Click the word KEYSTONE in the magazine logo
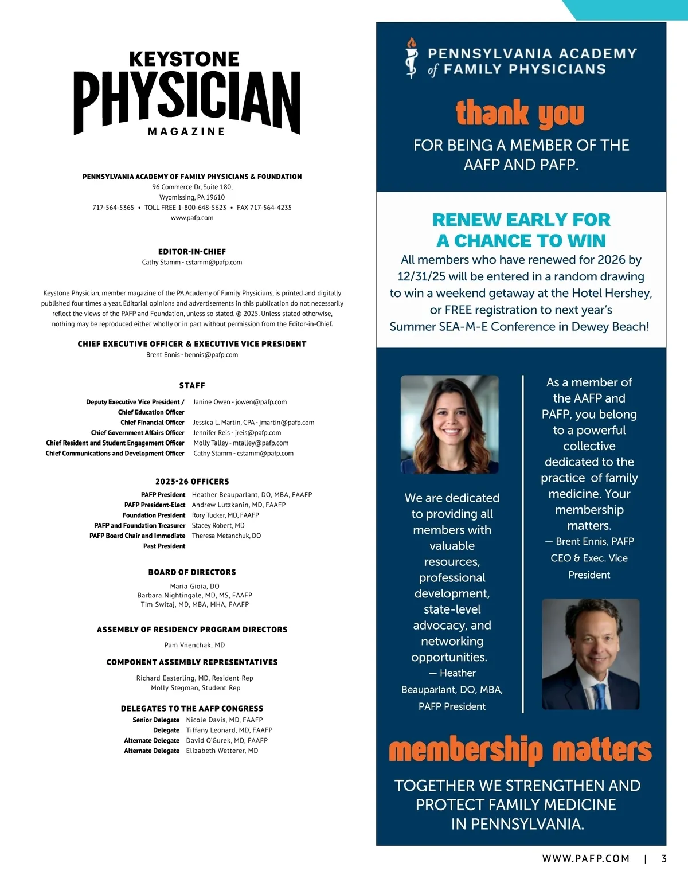coord(184,59)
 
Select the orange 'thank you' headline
coord(520,113)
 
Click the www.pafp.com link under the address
coord(192,218)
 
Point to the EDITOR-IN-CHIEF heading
coord(192,252)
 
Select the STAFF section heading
coord(192,386)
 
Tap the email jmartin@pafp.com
coord(287,423)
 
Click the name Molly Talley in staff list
coord(210,443)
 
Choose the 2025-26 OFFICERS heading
coord(192,482)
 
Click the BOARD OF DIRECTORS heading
coord(192,572)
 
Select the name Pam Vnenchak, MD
coord(194,645)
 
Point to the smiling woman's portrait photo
coord(449,424)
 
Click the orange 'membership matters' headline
coord(520,750)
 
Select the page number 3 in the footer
coord(664,859)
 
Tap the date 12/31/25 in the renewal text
coord(421,276)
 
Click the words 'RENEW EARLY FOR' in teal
coord(521,220)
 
